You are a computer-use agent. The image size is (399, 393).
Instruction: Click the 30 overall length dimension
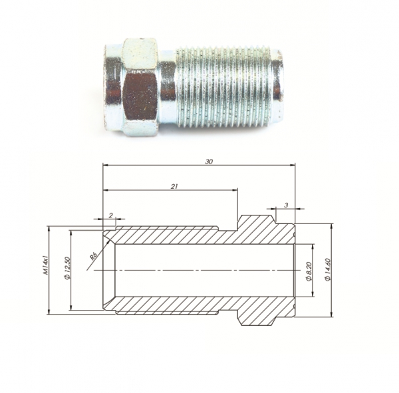click(x=209, y=162)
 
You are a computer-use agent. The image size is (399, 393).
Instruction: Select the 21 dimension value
click(x=174, y=186)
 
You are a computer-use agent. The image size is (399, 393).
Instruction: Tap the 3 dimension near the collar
click(x=286, y=205)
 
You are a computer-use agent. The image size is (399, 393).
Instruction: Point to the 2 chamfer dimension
click(x=110, y=215)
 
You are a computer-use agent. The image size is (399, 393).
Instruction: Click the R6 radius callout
click(x=94, y=255)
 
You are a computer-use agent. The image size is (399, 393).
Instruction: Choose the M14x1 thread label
click(x=46, y=265)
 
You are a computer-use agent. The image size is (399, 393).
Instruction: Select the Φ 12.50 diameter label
click(x=67, y=268)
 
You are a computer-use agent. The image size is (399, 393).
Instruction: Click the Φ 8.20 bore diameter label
click(x=309, y=271)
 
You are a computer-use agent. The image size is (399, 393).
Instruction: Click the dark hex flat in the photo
click(x=139, y=96)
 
